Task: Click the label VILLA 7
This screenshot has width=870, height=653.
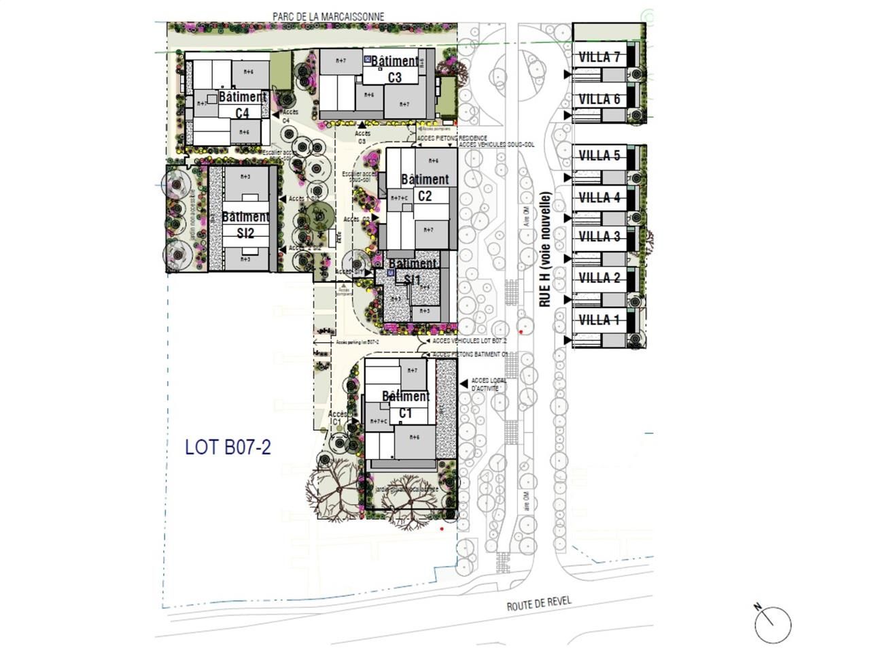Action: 599,58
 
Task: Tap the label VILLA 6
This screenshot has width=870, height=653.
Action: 599,100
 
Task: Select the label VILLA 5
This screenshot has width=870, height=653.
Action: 599,156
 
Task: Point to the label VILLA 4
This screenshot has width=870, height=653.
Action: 599,198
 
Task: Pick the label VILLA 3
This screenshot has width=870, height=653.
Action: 599,237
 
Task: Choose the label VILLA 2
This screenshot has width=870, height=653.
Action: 599,278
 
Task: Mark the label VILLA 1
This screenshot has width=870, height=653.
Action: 599,320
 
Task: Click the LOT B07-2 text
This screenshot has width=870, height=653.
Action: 228,448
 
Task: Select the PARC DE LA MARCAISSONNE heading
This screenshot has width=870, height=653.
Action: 328,16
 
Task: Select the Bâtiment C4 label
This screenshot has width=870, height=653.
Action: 242,105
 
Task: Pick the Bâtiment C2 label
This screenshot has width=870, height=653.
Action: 425,188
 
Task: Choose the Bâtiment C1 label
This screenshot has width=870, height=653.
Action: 406,405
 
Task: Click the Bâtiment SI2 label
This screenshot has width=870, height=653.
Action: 245,224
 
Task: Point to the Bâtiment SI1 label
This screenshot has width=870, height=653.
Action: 413,271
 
